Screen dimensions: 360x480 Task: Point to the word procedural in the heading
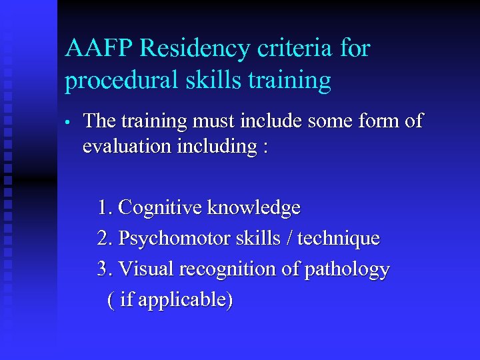pyautogui.click(x=119, y=81)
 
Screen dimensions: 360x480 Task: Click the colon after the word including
pyautogui.click(x=265, y=147)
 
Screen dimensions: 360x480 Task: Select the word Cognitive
pyautogui.click(x=160, y=208)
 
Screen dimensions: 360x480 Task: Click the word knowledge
pyautogui.click(x=254, y=208)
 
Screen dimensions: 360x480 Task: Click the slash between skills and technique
pyautogui.click(x=291, y=238)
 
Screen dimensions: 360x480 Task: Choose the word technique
pyautogui.click(x=339, y=238)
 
